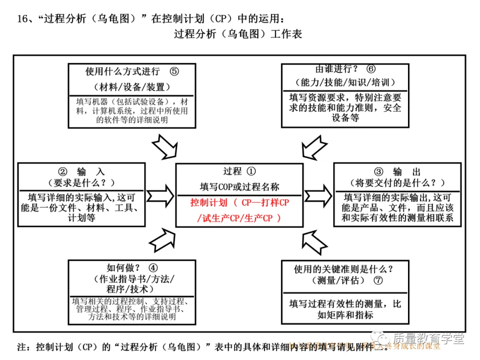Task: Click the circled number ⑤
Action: pyautogui.click(x=174, y=71)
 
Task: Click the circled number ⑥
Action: pyautogui.click(x=371, y=69)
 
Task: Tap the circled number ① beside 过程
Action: pyautogui.click(x=251, y=171)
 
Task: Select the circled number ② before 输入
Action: pyautogui.click(x=63, y=172)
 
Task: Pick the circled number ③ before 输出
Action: pyautogui.click(x=378, y=172)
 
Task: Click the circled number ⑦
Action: pyautogui.click(x=378, y=280)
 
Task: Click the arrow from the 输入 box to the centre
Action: pyautogui.click(x=160, y=195)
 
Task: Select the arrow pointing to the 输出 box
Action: pyautogui.click(x=318, y=195)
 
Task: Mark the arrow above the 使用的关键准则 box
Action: pyautogui.click(x=314, y=242)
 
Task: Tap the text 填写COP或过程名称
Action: pyautogui.click(x=240, y=187)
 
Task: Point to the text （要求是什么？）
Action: pyautogui.click(x=81, y=183)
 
